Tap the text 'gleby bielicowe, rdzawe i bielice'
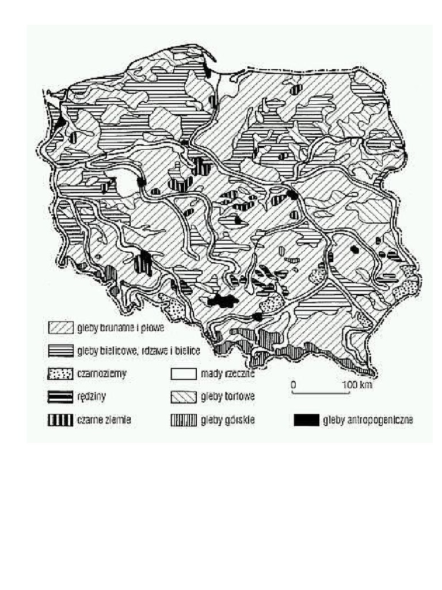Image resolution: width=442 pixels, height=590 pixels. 138,350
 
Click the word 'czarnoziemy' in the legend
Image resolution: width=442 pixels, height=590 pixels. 101,373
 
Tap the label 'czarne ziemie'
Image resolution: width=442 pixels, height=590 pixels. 104,420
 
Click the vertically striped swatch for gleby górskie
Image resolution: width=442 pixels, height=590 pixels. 184,420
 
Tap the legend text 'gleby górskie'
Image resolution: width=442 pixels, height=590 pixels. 228,420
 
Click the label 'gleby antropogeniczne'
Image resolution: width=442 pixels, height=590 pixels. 368,421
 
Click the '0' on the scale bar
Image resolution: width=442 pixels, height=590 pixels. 293,384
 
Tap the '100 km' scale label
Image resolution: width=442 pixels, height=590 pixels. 358,384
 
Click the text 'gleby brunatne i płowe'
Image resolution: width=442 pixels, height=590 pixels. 120,328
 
